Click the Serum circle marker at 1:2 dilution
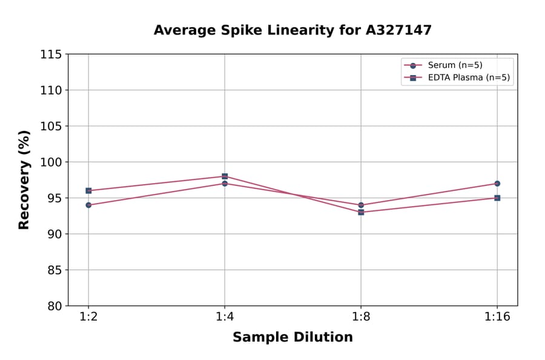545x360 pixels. [88, 205]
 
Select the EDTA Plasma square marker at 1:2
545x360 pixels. [88, 190]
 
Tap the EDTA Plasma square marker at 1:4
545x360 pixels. [225, 176]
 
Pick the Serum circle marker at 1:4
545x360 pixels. [225, 183]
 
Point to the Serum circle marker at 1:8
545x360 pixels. [361, 205]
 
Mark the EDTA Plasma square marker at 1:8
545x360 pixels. [361, 212]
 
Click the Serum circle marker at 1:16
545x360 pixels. [497, 183]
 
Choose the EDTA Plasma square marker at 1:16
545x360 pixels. [497, 198]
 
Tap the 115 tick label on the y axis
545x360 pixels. [50, 55]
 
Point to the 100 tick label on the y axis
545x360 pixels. [50, 162]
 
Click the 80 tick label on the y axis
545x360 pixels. [54, 306]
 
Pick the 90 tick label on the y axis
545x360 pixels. [54, 234]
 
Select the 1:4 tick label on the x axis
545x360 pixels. [225, 318]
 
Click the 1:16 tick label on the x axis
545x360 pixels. [497, 318]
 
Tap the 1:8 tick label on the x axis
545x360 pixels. [361, 318]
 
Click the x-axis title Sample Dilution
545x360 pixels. [292, 338]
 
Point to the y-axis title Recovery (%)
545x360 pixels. [24, 179]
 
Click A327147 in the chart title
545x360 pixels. [398, 30]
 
